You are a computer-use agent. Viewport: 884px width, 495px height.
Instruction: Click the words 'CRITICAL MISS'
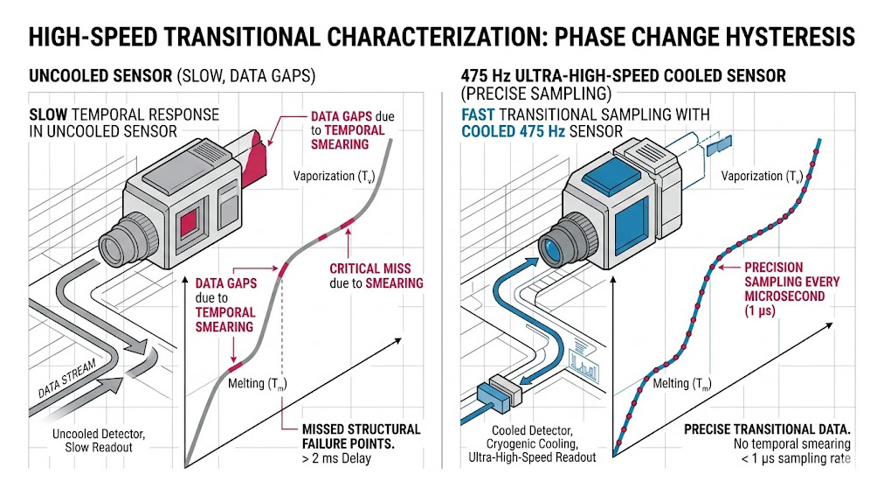point(367,268)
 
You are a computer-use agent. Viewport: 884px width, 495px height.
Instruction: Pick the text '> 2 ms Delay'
point(336,457)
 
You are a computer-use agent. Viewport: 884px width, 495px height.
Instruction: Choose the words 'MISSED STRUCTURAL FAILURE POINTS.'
point(360,436)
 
